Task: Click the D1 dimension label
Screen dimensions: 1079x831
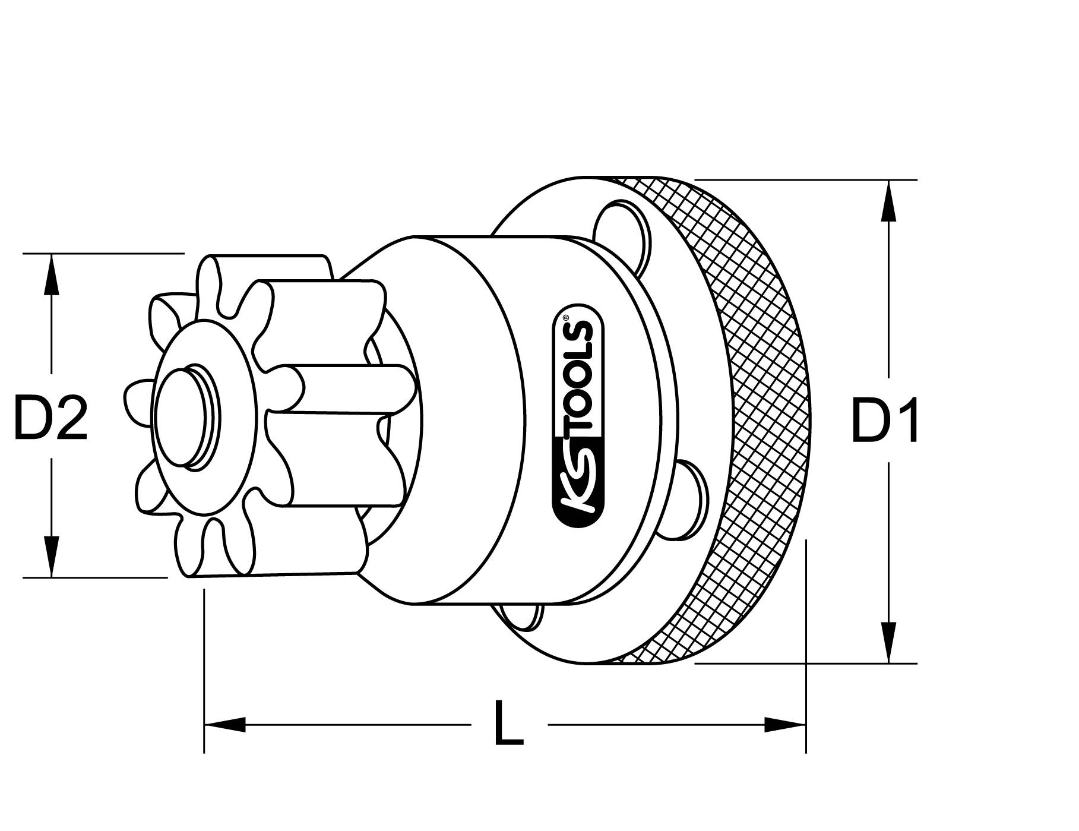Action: (x=885, y=421)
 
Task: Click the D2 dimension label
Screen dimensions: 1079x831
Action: (x=50, y=418)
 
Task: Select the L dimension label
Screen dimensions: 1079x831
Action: (x=509, y=723)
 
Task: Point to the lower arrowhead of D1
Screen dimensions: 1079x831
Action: (x=888, y=642)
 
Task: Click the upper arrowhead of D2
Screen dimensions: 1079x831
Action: (x=52, y=274)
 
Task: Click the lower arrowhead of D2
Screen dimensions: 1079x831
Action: (x=52, y=556)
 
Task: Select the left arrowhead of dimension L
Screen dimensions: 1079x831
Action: (x=225, y=724)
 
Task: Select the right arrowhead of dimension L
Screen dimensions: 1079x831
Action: (x=785, y=724)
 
